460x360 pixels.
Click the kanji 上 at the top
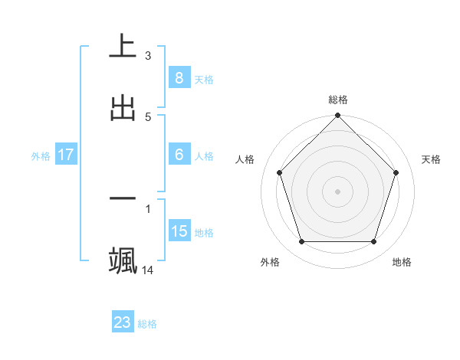pyautogui.click(x=123, y=45)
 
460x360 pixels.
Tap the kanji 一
pyautogui.click(x=123, y=198)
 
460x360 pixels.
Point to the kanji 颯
pyautogui.click(x=123, y=260)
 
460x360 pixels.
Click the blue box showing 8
pyautogui.click(x=179, y=77)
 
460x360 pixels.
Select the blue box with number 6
pyautogui.click(x=179, y=155)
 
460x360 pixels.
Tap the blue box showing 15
pyautogui.click(x=179, y=231)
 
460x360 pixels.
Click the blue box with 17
pyautogui.click(x=66, y=155)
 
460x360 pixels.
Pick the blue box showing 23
pyautogui.click(x=123, y=322)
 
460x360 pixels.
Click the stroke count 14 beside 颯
pyautogui.click(x=148, y=270)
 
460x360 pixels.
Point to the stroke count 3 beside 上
pyautogui.click(x=148, y=55)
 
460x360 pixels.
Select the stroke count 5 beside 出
pyautogui.click(x=148, y=116)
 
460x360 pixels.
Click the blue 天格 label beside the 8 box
pyautogui.click(x=204, y=79)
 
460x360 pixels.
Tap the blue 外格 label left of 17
pyautogui.click(x=41, y=156)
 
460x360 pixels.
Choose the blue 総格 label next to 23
pyautogui.click(x=148, y=324)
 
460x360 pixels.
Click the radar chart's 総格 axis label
pyautogui.click(x=338, y=100)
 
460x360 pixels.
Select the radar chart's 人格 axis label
pyautogui.click(x=245, y=159)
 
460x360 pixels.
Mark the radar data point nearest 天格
pyautogui.click(x=396, y=172)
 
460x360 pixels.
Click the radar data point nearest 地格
pyautogui.click(x=373, y=241)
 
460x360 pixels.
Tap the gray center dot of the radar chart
pyautogui.click(x=337, y=191)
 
